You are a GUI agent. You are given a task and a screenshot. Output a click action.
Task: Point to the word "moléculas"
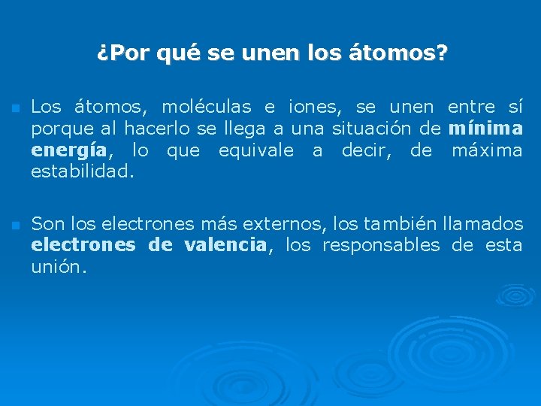click(x=195, y=107)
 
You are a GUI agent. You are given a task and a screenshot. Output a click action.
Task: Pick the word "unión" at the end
click(x=59, y=266)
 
